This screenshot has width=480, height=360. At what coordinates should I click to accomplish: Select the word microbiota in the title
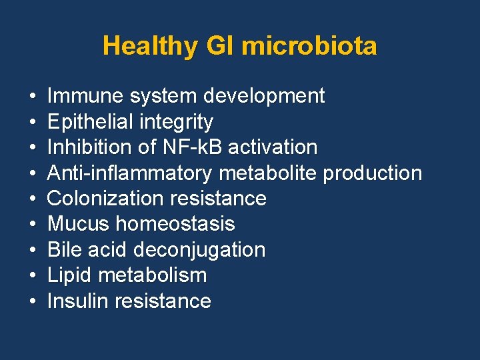309,47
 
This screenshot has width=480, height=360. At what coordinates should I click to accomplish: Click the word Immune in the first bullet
85,96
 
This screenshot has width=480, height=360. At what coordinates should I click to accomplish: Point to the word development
264,96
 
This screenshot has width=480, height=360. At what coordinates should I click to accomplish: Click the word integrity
182,122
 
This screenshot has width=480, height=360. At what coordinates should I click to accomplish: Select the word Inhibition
92,147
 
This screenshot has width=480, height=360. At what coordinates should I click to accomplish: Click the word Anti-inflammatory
129,173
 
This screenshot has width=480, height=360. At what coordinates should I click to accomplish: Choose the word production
373,173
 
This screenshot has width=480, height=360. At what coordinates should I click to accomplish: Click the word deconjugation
200,250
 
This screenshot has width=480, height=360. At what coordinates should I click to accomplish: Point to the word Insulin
79,301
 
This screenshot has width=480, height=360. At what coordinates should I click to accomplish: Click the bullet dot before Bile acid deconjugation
33,250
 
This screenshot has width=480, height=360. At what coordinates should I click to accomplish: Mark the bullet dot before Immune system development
33,97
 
